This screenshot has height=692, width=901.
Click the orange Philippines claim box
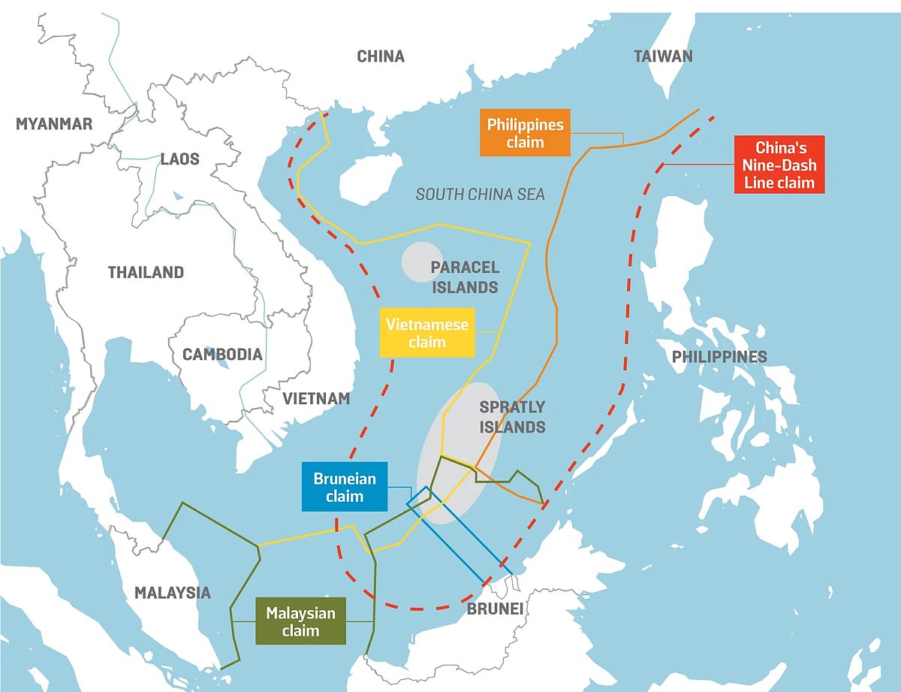[525, 133]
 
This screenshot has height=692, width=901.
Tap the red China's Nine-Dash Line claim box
[780, 165]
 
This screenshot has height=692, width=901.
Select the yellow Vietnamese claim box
[426, 332]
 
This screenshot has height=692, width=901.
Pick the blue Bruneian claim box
[345, 486]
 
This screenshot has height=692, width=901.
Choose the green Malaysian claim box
[300, 621]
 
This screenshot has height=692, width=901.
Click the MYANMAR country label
[54, 124]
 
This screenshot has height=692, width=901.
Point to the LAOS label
[179, 159]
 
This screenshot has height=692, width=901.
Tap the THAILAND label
[146, 272]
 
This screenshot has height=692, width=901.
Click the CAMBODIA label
[223, 354]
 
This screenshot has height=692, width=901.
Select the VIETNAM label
[316, 398]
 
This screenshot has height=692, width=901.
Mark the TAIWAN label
[663, 56]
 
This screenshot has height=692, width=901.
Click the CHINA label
[381, 56]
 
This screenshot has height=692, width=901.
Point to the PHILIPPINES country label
[719, 356]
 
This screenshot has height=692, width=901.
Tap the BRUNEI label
[494, 608]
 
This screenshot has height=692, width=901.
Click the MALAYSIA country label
[173, 592]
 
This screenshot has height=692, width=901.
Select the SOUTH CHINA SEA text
[481, 195]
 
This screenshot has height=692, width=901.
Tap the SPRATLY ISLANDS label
[512, 417]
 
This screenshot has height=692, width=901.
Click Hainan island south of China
[369, 180]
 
